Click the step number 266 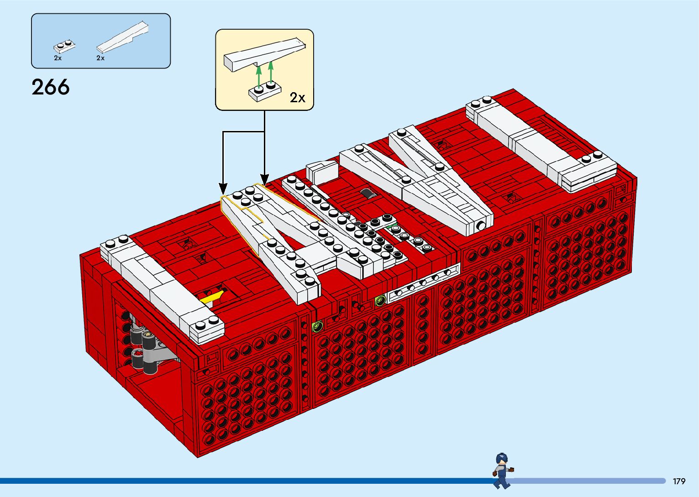51,87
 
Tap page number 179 679,481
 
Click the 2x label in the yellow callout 297,97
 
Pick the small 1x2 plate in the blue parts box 64,46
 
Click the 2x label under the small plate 58,58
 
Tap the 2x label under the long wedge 100,58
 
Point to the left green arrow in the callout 258,76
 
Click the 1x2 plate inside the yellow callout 265,91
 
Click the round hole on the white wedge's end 481,225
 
